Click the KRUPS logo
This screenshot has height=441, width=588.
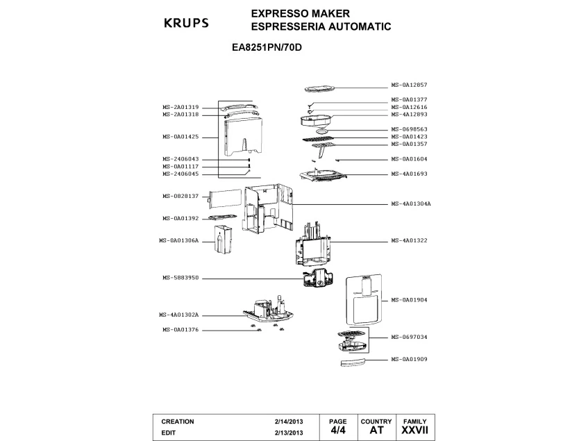click(186, 23)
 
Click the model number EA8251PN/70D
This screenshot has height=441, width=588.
click(267, 48)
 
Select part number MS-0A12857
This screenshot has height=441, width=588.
click(409, 85)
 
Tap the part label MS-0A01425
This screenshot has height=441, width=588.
click(180, 137)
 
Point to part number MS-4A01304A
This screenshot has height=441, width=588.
click(411, 203)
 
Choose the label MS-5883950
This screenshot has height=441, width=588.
click(180, 278)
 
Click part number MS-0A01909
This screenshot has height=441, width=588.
click(409, 359)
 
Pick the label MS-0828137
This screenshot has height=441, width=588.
click(180, 196)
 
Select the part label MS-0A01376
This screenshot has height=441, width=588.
click(180, 330)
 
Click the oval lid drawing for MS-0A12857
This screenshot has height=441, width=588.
click(319, 89)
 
